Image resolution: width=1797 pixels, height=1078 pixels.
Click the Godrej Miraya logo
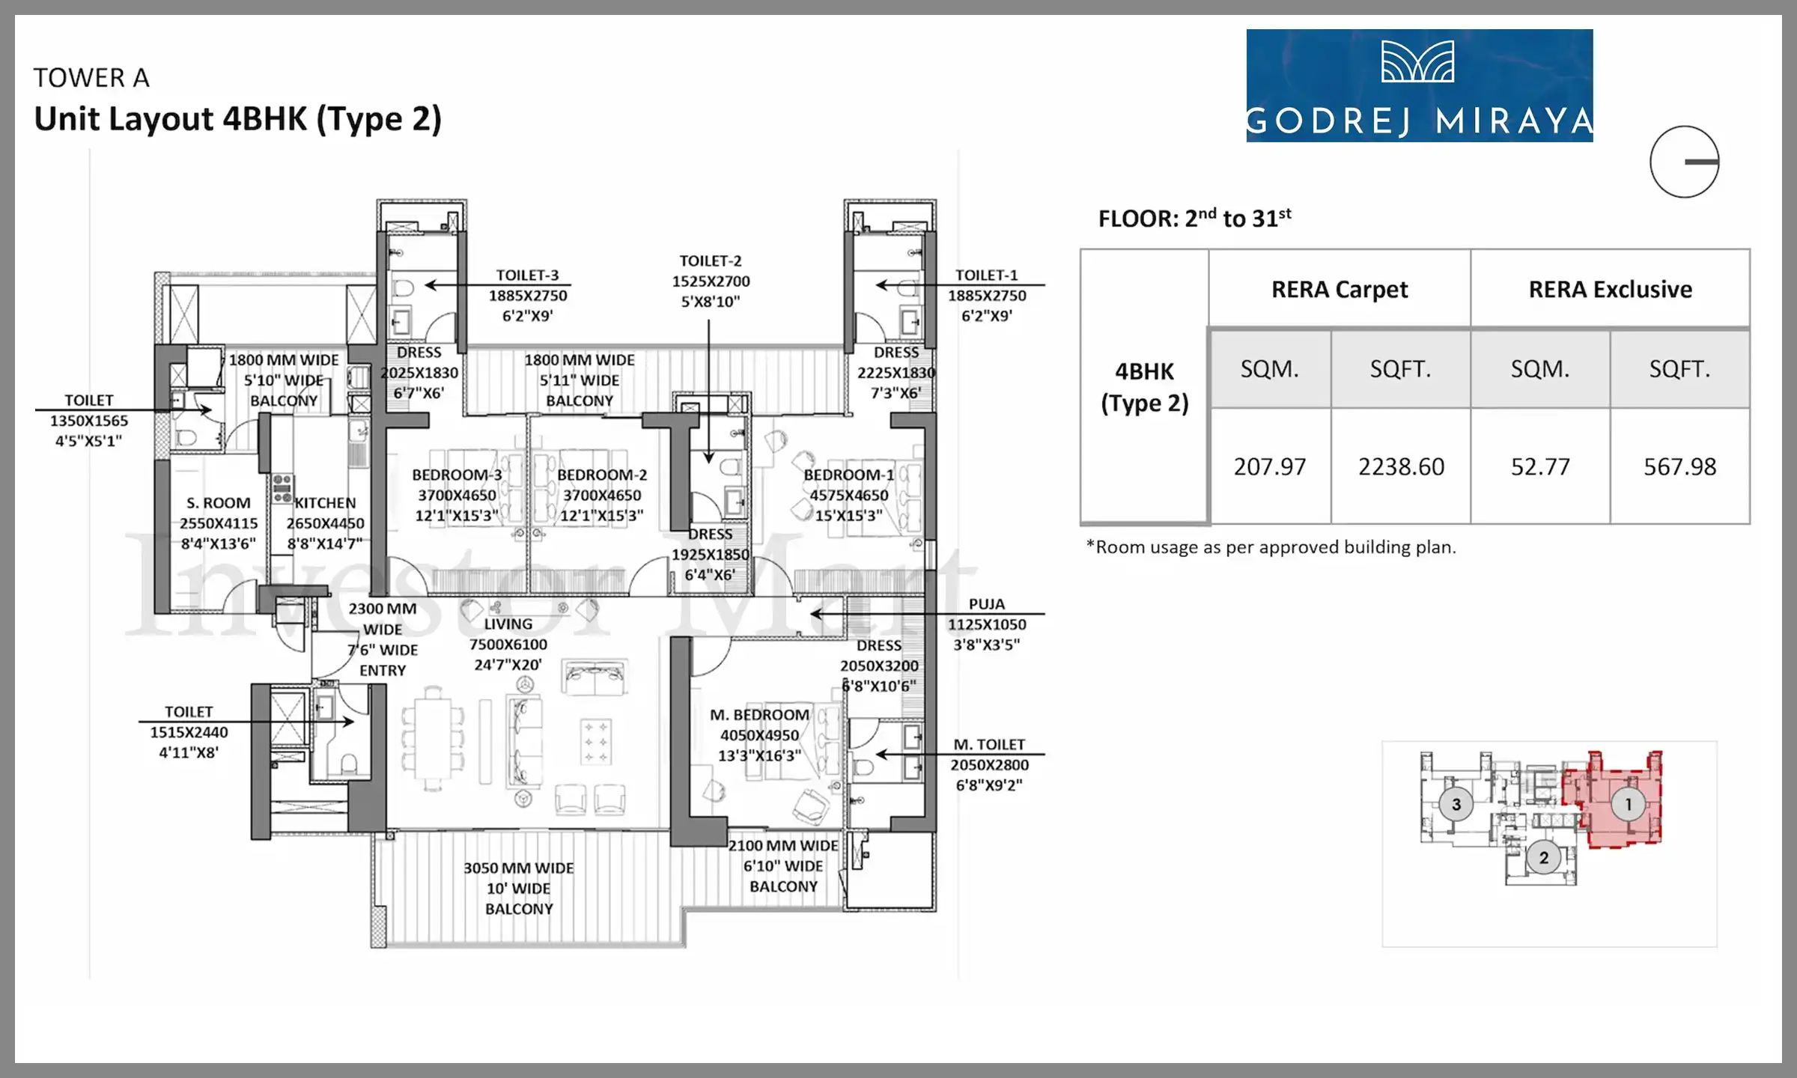tap(1419, 85)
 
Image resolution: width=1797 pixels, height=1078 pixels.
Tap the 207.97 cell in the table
tap(1270, 466)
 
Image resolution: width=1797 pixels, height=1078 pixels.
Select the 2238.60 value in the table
tap(1401, 466)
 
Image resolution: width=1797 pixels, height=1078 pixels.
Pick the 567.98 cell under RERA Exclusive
tap(1679, 466)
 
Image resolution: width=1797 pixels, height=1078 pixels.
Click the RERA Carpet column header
tap(1340, 289)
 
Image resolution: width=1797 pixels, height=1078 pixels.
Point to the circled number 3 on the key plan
tap(1456, 805)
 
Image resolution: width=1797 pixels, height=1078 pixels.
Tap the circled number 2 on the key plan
tap(1543, 858)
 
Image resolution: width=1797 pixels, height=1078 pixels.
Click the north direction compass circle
tap(1685, 162)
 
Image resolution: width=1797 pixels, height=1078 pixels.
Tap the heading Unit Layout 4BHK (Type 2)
tap(238, 119)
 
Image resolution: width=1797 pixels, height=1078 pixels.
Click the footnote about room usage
tap(1271, 547)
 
